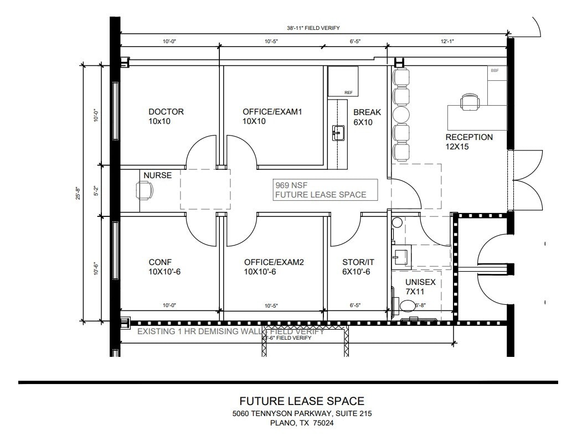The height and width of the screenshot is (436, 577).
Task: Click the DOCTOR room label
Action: coord(166,112)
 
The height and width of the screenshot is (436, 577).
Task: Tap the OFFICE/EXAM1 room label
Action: coord(272,112)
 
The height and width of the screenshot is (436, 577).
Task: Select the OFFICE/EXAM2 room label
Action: coord(274,262)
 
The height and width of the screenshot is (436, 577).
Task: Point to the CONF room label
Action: coord(160,262)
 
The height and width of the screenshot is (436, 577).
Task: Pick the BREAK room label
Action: coord(367,112)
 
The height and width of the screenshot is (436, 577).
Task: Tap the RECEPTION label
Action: coord(469,137)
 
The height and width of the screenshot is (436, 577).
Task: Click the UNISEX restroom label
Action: coord(420,282)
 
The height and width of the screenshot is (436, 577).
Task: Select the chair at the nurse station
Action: coord(145,190)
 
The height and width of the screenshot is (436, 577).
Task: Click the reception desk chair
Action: coord(470,101)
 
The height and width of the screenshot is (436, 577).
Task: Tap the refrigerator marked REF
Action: coord(343,81)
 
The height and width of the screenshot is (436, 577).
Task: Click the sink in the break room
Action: coord(337,132)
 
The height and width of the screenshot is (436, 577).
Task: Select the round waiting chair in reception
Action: coord(401,115)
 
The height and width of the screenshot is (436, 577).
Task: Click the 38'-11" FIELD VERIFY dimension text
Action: coord(313,28)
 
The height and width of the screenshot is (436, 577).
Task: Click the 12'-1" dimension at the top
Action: coord(447,41)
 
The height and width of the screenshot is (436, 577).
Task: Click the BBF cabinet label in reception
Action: coord(494,71)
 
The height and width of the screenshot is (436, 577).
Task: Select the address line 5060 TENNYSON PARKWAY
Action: coord(302,413)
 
